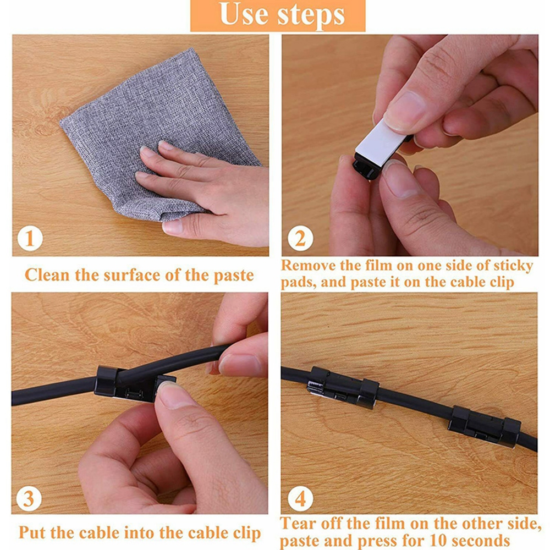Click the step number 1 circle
point(30,238)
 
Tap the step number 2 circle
point(300,238)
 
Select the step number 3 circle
point(29,498)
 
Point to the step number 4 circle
point(300,498)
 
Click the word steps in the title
point(311,16)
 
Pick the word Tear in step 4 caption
point(298,524)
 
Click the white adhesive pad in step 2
point(382,143)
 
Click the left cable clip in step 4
point(343,388)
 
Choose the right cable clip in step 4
point(484,426)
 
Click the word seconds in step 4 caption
point(476,540)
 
